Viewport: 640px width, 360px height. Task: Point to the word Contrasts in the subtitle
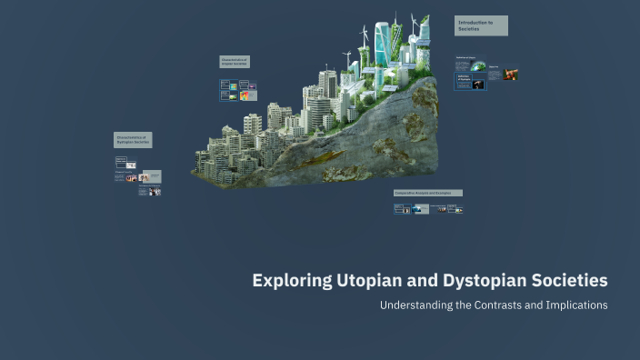click(499, 305)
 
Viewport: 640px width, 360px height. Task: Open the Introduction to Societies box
click(481, 25)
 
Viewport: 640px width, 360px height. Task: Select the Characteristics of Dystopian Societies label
click(133, 140)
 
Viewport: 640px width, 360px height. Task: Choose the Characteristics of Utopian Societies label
click(235, 62)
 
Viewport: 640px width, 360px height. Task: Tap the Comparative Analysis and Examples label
click(428, 193)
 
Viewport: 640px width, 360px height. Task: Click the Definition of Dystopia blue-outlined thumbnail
click(471, 81)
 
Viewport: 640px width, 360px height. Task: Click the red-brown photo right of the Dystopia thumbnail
click(511, 75)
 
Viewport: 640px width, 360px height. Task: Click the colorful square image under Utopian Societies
click(245, 95)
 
